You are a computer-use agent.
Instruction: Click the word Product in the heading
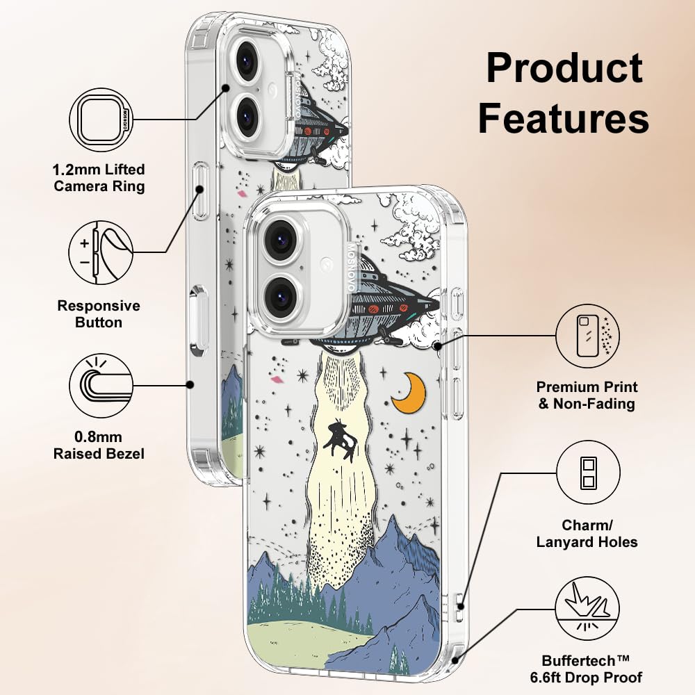pos(564,68)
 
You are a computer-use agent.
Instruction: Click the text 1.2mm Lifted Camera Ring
pos(99,178)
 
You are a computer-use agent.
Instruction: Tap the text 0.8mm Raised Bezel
pos(99,445)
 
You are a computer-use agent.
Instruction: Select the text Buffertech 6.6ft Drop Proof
pos(592,668)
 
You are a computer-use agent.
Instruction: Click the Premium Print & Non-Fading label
pos(587,395)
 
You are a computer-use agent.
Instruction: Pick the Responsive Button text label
pos(99,314)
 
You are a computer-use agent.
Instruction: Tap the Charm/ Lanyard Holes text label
pos(587,534)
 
